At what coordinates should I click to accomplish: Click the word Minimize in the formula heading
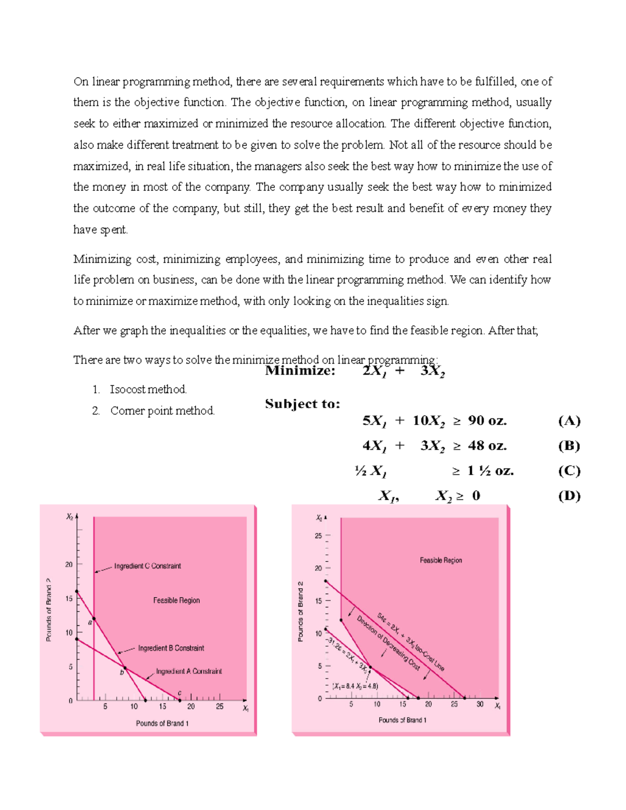tap(299, 371)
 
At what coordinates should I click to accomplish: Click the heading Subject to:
tap(303, 404)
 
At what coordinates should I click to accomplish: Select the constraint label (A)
tap(569, 421)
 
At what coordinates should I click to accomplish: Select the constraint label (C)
tap(569, 471)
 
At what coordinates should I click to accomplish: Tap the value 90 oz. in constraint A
tap(487, 421)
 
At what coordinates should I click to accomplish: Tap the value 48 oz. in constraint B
tap(487, 446)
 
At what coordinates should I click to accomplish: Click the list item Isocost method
tap(148, 390)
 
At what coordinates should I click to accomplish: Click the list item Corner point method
tap(162, 411)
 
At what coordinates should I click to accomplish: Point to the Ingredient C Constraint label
tap(148, 566)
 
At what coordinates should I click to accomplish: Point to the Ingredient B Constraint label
tap(171, 648)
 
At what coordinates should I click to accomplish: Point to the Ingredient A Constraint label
tap(189, 671)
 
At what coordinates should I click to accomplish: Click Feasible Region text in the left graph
tap(176, 600)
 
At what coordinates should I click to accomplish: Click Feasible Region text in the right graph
tap(441, 560)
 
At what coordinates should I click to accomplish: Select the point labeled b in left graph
tap(125, 668)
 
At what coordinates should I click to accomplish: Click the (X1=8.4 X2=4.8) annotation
tap(355, 686)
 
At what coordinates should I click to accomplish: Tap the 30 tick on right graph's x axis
tap(480, 704)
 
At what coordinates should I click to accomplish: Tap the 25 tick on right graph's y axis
tap(318, 536)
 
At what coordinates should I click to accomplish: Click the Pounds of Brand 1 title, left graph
tap(162, 723)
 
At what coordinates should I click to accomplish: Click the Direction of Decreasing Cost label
tap(389, 643)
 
